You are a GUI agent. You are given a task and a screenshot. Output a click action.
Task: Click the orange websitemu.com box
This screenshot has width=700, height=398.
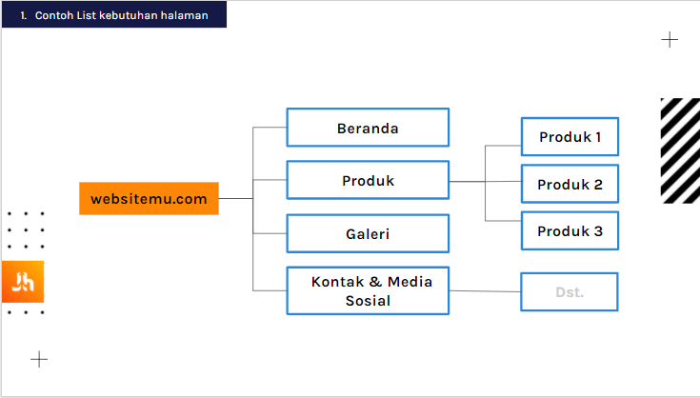pos(149,199)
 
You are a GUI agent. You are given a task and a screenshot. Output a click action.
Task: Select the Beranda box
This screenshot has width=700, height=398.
pos(368,128)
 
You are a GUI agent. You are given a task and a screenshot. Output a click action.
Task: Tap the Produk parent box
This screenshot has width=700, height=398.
pos(368,180)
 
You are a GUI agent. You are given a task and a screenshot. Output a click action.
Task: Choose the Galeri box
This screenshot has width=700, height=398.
pos(368,233)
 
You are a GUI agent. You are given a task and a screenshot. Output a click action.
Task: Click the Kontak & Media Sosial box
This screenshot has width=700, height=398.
pos(368,291)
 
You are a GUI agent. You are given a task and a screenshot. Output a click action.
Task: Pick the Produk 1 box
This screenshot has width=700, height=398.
pos(570,136)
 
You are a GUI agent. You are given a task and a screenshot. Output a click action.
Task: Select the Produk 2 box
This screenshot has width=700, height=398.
pos(570,184)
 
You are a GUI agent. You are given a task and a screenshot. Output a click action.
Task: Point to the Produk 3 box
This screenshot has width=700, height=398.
pos(570,230)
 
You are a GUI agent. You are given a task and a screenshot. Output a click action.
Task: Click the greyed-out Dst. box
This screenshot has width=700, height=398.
pos(570,291)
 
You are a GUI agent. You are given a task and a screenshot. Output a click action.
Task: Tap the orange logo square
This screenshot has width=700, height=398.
pos(23,282)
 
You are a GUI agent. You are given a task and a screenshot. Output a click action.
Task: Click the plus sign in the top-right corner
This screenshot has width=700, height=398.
pos(670,40)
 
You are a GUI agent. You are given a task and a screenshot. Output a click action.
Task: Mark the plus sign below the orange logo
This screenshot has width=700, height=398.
pos(39,359)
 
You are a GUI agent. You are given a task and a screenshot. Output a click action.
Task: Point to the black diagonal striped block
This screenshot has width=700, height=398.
pos(680,150)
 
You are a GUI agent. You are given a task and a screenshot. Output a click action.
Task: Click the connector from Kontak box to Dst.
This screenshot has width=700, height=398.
pos(485,291)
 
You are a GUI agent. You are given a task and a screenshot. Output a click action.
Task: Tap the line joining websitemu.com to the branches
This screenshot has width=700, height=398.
pos(236,199)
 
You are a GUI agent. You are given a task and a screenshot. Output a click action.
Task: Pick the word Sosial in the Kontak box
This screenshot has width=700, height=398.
pos(368,301)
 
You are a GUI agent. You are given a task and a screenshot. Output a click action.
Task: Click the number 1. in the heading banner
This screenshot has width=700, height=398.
pos(24,15)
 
